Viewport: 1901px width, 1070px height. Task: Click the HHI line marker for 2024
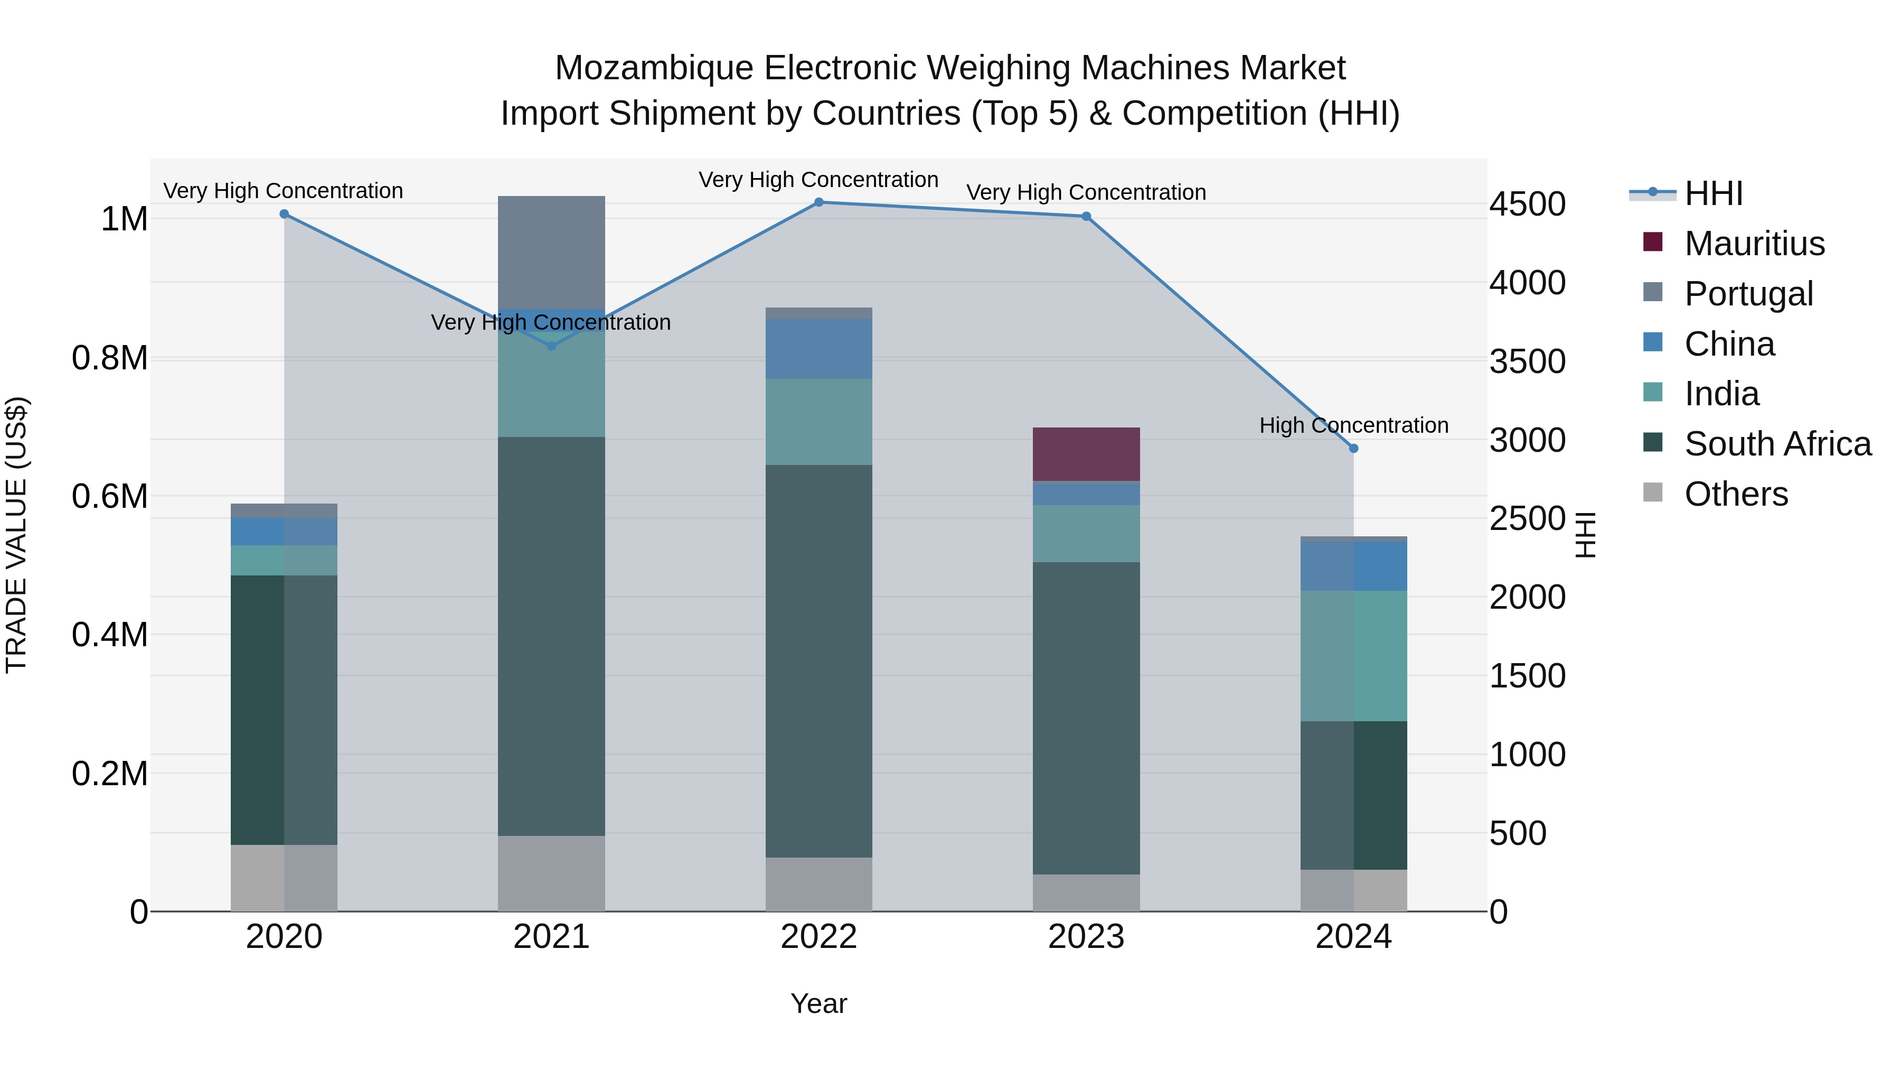point(1353,448)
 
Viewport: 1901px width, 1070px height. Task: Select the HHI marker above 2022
point(818,202)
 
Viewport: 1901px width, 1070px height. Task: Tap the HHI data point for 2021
point(551,346)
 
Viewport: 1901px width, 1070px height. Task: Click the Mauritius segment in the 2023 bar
point(1086,454)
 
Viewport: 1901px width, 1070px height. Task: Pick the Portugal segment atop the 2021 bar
point(551,251)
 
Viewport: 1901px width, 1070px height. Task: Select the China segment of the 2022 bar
point(818,349)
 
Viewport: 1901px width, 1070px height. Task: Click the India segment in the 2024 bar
point(1353,655)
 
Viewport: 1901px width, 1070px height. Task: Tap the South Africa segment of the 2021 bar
point(551,635)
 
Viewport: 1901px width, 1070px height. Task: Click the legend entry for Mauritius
point(1753,244)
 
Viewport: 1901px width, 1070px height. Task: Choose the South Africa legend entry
point(1776,444)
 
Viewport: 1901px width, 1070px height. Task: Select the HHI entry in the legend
point(1713,193)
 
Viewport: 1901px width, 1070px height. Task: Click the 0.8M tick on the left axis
point(109,358)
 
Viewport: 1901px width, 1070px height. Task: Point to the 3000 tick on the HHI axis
point(1527,440)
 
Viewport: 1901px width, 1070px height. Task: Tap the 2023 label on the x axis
point(1086,937)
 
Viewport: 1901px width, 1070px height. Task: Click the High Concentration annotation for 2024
point(1353,425)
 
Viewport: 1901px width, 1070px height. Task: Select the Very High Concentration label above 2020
point(284,191)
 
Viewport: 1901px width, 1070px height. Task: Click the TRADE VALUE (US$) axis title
point(16,535)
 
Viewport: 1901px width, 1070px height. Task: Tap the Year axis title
point(818,1003)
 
